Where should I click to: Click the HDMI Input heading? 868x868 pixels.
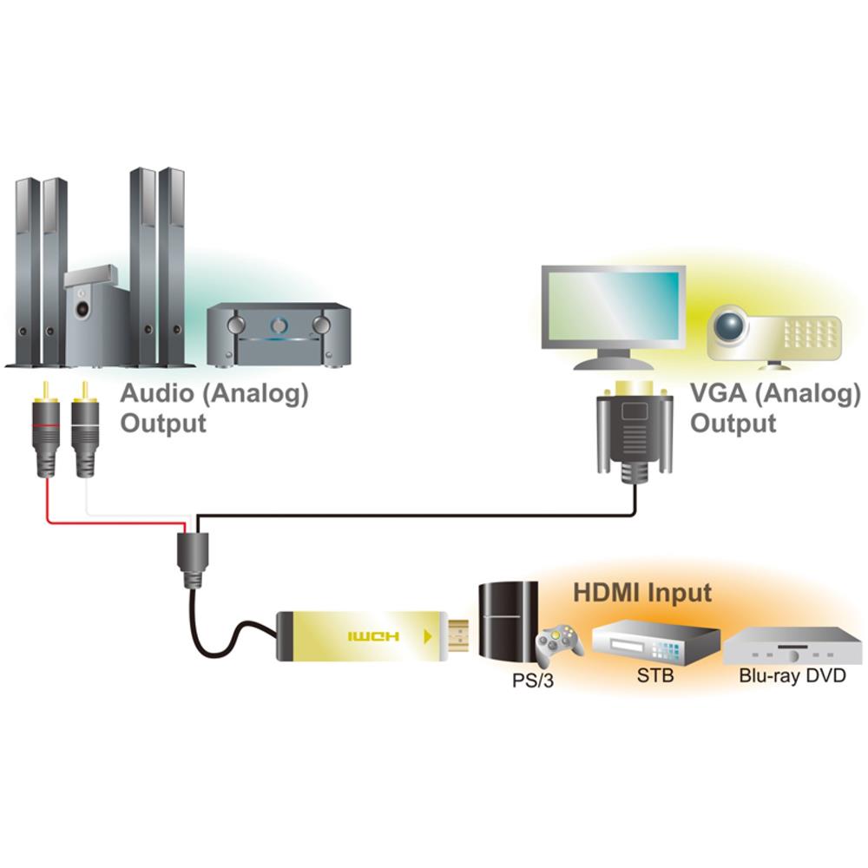tap(642, 594)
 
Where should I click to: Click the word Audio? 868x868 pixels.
tap(156, 393)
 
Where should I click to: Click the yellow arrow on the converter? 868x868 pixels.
tap(425, 636)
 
